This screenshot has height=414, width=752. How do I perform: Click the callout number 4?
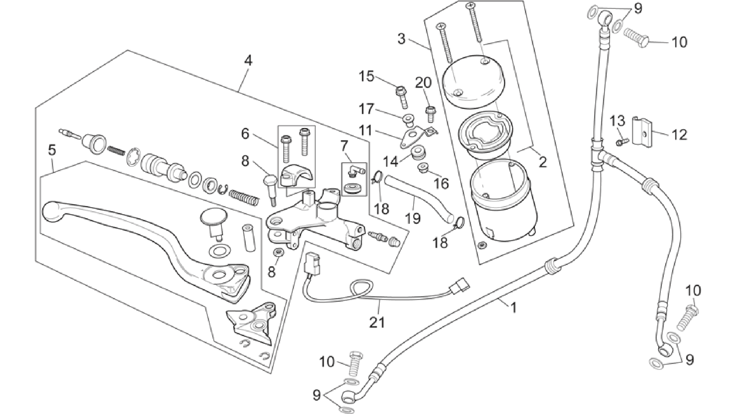point(248,61)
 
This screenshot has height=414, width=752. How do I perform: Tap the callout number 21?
point(377,322)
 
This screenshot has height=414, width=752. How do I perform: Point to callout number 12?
point(679,135)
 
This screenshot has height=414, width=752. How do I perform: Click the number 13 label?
point(618,120)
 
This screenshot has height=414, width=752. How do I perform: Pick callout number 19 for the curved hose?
point(412,219)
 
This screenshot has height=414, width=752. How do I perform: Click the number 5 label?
point(52,150)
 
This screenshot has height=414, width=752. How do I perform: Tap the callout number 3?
point(401,39)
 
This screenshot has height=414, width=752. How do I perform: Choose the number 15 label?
point(366,77)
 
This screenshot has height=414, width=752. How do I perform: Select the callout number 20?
point(423,83)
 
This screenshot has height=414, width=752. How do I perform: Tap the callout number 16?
point(442,183)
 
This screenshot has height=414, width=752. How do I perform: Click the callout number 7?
point(344,146)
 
